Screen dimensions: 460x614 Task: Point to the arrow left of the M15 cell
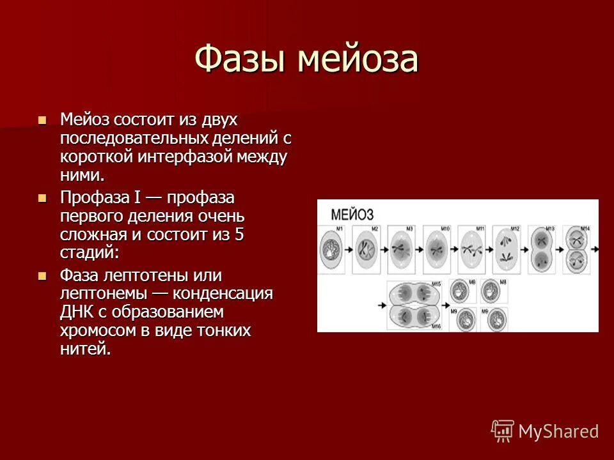pyautogui.click(x=382, y=305)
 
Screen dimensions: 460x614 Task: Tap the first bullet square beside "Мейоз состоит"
pyautogui.click(x=43, y=119)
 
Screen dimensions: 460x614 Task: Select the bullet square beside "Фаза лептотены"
pyautogui.click(x=43, y=275)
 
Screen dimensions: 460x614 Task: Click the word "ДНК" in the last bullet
pyautogui.click(x=79, y=312)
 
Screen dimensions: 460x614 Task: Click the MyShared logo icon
pyautogui.click(x=502, y=430)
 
